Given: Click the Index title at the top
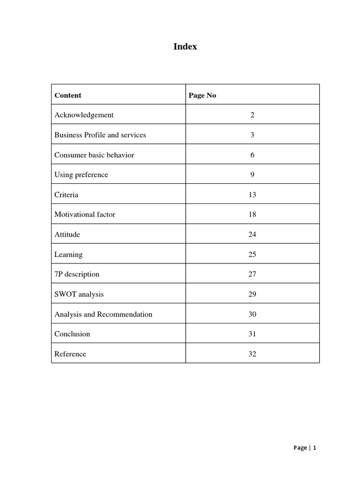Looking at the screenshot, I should coord(185,47).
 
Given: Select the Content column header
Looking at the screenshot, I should coord(68,95).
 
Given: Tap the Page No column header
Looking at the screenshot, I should coord(202,95).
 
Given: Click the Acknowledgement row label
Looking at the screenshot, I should coord(84,115).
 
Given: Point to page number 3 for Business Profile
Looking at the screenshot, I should coord(252,135).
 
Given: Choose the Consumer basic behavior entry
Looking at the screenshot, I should coord(94,155).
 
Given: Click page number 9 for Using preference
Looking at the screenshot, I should coord(252,175).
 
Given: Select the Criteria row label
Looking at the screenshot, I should coord(67,195).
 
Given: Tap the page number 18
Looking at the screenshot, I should coord(252,215).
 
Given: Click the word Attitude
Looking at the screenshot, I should coord(67,234).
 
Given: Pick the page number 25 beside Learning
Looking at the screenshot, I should coord(252,255).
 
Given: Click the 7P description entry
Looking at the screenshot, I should coord(77,274).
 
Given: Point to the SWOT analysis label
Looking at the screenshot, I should coord(79,294).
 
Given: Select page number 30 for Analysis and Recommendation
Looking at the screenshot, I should coord(252,314).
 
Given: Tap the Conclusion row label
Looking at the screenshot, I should coord(72,334).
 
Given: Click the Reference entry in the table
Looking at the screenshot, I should coord(70,354).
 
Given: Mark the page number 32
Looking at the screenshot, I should coord(252,354).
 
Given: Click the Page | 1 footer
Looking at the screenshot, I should coord(305,448).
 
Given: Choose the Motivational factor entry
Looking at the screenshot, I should coord(85,215).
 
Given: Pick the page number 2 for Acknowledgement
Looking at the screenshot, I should coord(252,115).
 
